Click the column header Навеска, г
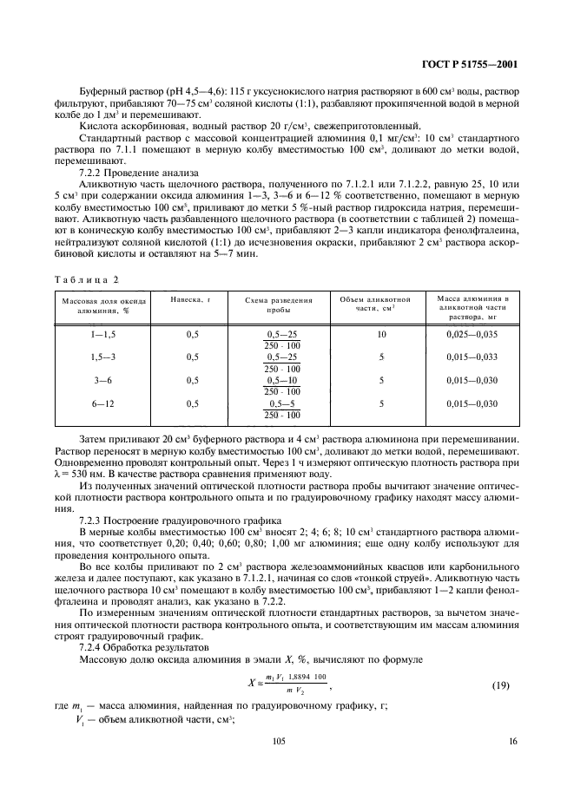tap(191, 298)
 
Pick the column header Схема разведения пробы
tap(279, 304)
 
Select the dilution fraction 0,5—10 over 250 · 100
tap(281, 386)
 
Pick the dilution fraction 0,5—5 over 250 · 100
tap(281, 409)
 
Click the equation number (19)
tap(501, 685)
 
